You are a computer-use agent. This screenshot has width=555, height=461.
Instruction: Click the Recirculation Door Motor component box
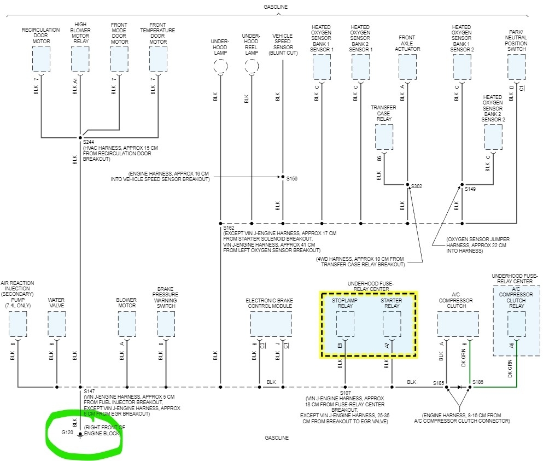[41, 59]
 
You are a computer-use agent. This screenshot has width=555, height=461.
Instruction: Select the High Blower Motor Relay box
[80, 59]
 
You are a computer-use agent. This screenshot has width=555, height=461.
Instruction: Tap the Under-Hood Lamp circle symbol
[220, 68]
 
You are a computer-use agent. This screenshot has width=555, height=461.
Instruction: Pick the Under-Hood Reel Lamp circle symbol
[251, 68]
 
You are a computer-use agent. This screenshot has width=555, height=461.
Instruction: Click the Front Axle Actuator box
[407, 67]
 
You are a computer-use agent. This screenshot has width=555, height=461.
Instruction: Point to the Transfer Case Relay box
[384, 137]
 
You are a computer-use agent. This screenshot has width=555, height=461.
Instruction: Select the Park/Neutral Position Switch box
[516, 67]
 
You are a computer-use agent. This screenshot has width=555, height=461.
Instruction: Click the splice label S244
[89, 142]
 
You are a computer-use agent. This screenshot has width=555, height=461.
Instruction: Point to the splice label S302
[417, 186]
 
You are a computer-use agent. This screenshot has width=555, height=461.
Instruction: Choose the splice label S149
[470, 189]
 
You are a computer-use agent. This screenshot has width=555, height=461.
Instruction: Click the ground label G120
[68, 433]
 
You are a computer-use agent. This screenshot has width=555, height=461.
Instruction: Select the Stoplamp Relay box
[345, 324]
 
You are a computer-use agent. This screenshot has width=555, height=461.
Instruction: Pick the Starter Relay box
[392, 324]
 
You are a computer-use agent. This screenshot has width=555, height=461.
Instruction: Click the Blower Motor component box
[127, 324]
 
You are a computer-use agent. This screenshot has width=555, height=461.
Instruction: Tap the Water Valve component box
[56, 324]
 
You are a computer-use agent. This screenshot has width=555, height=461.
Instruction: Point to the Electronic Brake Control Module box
[271, 324]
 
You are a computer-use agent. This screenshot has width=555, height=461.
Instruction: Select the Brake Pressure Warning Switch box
[165, 324]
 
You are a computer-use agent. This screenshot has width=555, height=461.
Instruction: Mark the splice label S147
[90, 392]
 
